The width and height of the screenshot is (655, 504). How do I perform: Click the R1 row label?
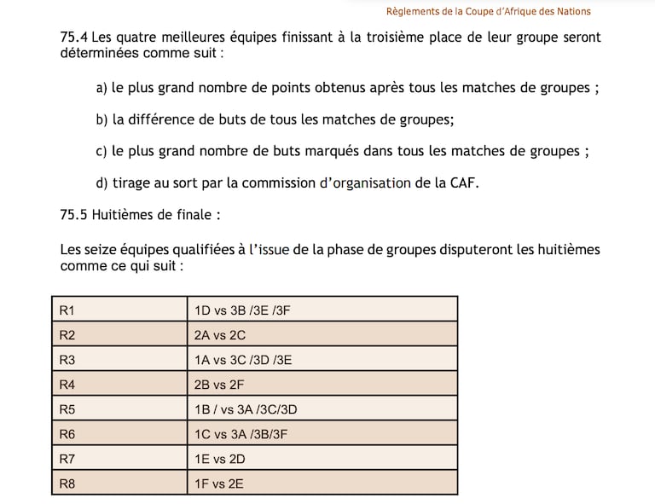[67, 310]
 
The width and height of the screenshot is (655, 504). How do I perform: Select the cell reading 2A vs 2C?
[220, 335]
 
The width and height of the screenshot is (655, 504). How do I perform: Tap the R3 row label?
[67, 360]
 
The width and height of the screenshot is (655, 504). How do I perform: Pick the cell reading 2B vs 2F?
[219, 385]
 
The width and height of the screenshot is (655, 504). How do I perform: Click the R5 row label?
[67, 409]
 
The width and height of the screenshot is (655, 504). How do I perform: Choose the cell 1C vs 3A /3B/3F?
[241, 434]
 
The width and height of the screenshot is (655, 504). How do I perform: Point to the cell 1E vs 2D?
[220, 459]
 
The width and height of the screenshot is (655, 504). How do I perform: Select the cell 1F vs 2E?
[219, 484]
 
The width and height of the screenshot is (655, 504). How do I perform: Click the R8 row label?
[67, 484]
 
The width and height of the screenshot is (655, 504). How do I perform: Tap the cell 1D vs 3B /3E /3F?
[243, 310]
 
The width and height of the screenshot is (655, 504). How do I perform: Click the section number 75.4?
[73, 38]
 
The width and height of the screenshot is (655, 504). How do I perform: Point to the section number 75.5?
[73, 214]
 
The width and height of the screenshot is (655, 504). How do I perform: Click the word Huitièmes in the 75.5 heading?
[125, 214]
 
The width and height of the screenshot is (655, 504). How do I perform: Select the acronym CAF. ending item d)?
[463, 182]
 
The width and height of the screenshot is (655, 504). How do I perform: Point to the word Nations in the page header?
[571, 11]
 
